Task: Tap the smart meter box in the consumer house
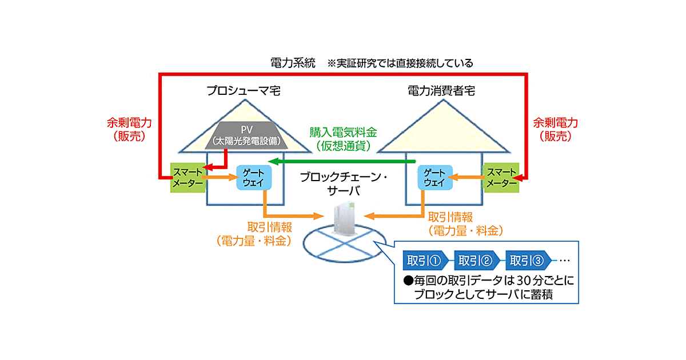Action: pyautogui.click(x=501, y=178)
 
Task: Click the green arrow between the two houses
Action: pyautogui.click(x=343, y=162)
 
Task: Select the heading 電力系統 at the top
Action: pyautogui.click(x=293, y=63)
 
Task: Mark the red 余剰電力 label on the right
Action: pyautogui.click(x=556, y=123)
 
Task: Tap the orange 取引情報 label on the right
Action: pyautogui.click(x=450, y=217)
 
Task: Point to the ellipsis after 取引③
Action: pyautogui.click(x=565, y=261)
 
